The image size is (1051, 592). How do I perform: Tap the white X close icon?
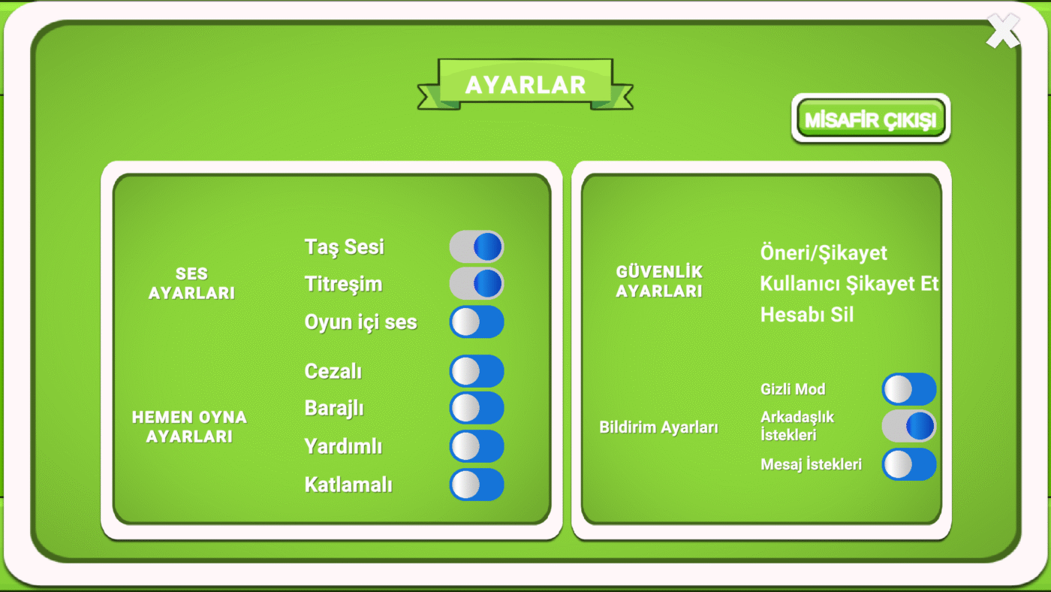1003,31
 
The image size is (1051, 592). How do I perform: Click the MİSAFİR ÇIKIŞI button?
871,118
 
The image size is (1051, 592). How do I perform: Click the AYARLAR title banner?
525,85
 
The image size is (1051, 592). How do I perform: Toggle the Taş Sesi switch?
477,247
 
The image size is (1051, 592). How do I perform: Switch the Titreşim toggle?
477,284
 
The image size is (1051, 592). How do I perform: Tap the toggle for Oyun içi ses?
477,322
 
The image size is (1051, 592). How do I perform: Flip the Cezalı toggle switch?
477,371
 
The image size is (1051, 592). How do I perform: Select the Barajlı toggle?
477,408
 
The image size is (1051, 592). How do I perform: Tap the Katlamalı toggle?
477,485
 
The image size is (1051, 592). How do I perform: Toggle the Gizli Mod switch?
909,389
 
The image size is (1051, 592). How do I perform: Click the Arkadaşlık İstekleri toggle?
909,426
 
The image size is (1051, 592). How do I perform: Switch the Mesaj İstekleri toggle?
909,464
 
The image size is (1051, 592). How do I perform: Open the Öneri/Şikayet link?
824,253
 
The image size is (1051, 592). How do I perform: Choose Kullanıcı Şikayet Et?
849,283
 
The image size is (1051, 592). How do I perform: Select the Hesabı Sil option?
807,315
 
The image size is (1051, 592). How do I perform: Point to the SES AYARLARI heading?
191,283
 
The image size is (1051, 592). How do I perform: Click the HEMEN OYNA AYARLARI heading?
189,427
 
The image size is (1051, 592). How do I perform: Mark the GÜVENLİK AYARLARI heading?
659,281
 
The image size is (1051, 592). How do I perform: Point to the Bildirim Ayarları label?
659,427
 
